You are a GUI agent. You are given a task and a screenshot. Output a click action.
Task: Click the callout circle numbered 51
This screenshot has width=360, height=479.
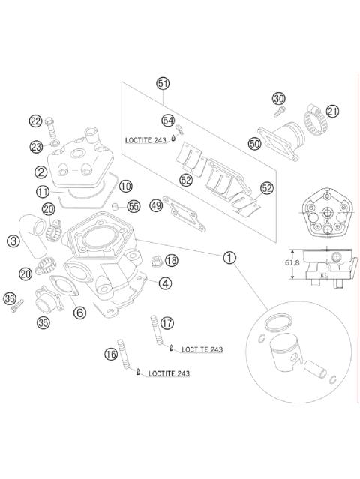pyautogui.click(x=163, y=83)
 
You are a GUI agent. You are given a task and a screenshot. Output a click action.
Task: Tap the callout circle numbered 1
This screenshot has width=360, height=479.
pyautogui.click(x=229, y=257)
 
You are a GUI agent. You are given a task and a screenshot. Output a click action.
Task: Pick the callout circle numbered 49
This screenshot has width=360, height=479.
pyautogui.click(x=157, y=205)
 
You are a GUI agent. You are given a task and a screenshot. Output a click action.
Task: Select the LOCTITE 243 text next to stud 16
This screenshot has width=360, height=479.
pyautogui.click(x=169, y=373)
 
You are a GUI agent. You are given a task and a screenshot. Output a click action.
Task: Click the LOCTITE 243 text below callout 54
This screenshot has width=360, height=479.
pyautogui.click(x=145, y=140)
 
